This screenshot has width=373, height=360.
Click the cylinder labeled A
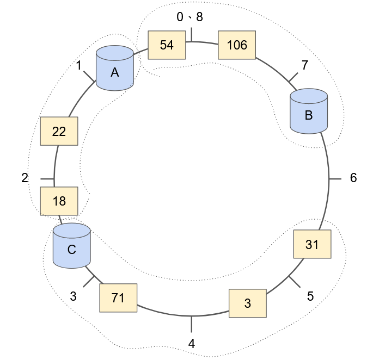point(115,69)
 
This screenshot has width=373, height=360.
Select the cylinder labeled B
point(308,112)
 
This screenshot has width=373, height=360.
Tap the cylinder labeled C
point(71,245)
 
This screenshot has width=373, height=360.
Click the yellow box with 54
point(167,45)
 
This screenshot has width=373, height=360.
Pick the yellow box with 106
point(237,45)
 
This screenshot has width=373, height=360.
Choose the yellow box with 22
point(59,132)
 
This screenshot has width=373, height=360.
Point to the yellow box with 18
point(59,201)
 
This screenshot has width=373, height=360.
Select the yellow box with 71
point(118,297)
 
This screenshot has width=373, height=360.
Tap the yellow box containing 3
point(247,303)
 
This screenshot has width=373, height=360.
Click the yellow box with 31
point(311,245)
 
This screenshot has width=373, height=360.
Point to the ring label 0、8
point(189,17)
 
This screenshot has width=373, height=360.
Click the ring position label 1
point(79,66)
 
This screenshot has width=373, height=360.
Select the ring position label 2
point(25,178)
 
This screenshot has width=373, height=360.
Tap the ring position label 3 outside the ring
point(74,296)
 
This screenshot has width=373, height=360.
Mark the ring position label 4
point(191,344)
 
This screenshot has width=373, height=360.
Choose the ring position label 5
point(310,296)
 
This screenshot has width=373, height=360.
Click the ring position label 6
point(353,178)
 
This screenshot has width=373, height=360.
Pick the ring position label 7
point(304,65)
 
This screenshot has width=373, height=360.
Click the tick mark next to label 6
point(335,178)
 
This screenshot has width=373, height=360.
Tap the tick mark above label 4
point(191,324)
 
